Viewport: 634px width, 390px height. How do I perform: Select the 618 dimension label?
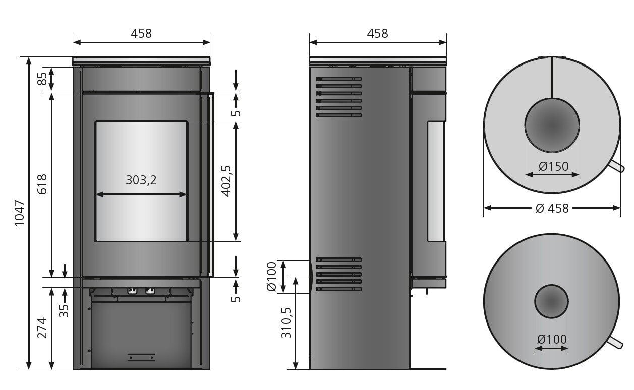(42, 184)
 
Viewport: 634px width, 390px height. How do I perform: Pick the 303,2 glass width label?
(141, 180)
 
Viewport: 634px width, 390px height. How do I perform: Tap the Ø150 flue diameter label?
(553, 166)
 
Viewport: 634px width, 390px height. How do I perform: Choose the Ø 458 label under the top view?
(552, 208)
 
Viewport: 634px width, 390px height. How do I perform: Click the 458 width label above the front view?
(141, 33)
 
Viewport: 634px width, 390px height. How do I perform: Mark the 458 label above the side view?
(378, 33)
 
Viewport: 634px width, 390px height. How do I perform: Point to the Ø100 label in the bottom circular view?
(552, 339)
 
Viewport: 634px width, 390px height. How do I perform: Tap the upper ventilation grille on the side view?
(338, 97)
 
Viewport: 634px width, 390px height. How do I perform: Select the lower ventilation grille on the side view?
(338, 275)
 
